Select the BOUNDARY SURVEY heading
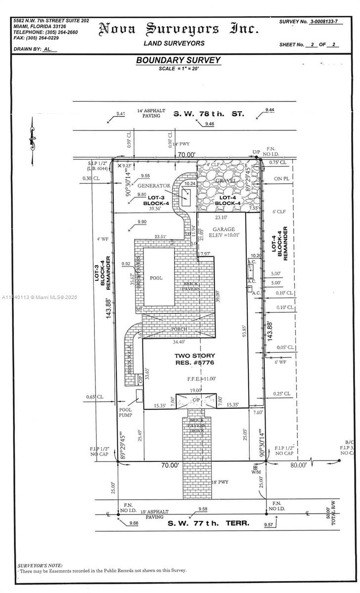coord(179,60)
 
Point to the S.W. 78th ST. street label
coord(208,114)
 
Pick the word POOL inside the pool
coord(156,278)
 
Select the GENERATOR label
coord(153,186)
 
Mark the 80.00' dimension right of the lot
coord(298,465)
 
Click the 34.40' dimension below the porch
coord(179,341)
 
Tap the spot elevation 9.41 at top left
coord(120,114)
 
